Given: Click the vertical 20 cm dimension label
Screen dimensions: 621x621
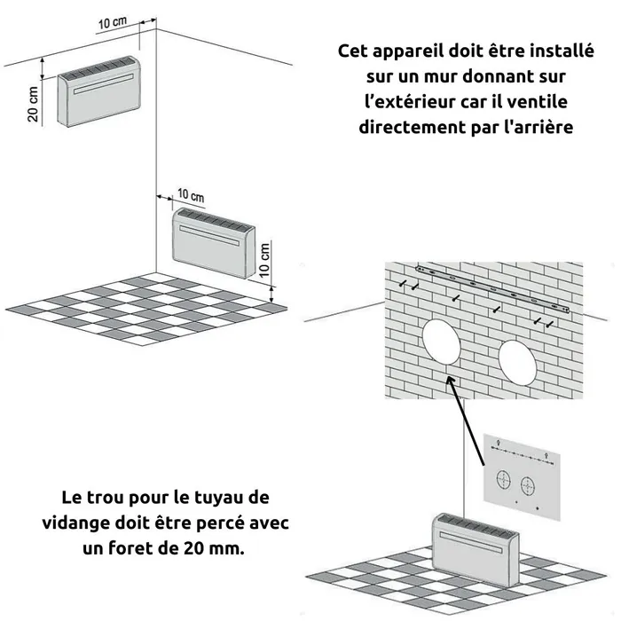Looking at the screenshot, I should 33,106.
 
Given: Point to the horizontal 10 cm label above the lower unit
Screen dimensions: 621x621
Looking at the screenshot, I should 190,195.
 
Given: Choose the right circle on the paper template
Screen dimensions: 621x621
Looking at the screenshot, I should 530,485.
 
